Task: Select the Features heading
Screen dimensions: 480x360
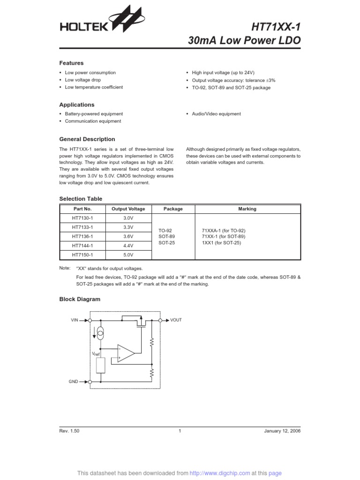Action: [71, 63]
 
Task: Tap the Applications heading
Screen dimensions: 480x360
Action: [76, 105]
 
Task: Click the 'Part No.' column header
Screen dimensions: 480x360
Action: [82, 209]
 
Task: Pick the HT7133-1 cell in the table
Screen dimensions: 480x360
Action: [82, 227]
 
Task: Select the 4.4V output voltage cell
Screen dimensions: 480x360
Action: [128, 246]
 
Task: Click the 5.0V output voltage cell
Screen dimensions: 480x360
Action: [128, 255]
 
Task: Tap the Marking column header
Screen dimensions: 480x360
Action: [247, 209]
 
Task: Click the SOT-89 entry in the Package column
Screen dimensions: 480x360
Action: [166, 237]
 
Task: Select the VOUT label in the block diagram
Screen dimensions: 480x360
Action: [176, 320]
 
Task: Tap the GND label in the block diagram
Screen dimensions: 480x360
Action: [74, 382]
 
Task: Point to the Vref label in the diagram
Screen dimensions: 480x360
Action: [97, 354]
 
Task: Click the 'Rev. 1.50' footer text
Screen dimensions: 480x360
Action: [69, 431]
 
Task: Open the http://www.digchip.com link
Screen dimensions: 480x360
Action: [226, 473]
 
